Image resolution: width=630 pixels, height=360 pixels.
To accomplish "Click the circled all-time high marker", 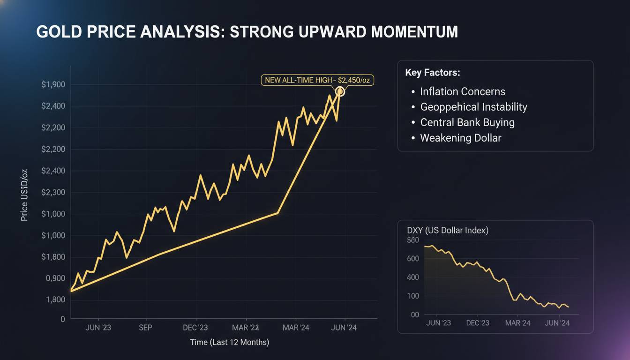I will tap(340, 92).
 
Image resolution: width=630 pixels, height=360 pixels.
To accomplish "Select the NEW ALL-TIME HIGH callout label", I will tap(317, 80).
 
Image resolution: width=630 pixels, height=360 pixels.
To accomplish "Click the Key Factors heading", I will tap(432, 73).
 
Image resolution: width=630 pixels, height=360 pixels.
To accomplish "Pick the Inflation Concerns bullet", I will tap(463, 91).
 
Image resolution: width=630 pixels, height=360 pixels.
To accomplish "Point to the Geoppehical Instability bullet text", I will tap(473, 107).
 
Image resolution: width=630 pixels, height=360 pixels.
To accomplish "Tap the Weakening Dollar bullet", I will tap(461, 138).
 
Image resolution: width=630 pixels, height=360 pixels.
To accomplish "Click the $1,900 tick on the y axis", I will tap(53, 85).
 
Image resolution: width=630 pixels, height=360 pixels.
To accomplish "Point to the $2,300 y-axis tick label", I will tap(53, 192).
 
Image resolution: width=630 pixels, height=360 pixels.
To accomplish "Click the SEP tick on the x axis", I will tap(145, 328).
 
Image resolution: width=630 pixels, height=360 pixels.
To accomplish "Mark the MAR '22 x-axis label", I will tap(246, 328).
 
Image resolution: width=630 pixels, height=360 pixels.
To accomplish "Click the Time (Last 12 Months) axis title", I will tap(229, 342).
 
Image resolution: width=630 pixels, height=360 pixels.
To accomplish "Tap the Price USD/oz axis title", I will tap(25, 195).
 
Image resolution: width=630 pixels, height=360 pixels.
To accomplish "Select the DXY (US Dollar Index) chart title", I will tap(448, 230).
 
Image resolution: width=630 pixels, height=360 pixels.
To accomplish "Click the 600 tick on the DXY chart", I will tap(413, 259).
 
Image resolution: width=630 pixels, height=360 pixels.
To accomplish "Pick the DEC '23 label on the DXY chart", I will tap(478, 323).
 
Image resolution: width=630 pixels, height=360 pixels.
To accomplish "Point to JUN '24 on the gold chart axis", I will tap(345, 328).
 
